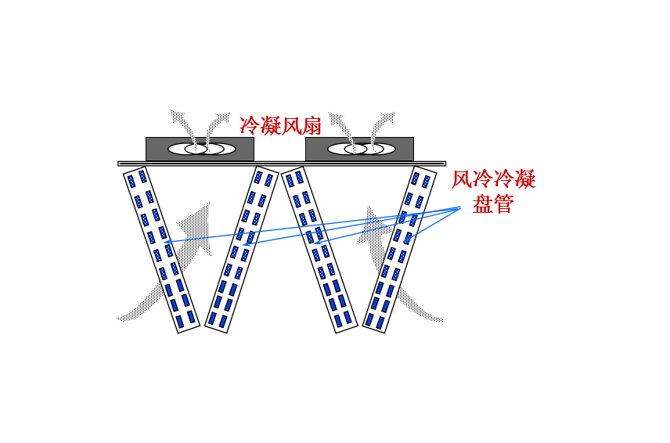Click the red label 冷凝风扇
click(x=280, y=123)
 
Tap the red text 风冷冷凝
click(x=494, y=181)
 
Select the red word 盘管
click(x=493, y=205)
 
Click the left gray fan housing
click(x=160, y=149)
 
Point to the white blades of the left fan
click(x=201, y=149)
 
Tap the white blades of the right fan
click(x=361, y=149)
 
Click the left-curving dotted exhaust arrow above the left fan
click(x=182, y=121)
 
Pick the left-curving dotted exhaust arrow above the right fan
click(x=341, y=121)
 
